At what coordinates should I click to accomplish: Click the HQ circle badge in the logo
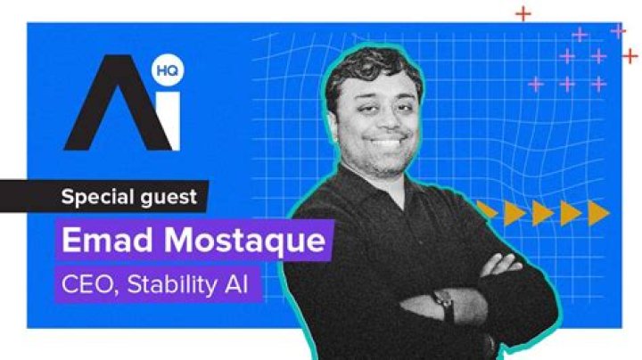point(168,70)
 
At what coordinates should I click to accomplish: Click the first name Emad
point(108,240)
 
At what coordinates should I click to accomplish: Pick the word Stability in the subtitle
point(172,285)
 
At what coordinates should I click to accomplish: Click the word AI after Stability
point(236,284)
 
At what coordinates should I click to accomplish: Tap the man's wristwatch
point(444,304)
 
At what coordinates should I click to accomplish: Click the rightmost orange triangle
point(598,213)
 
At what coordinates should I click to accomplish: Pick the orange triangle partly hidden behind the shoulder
point(487,209)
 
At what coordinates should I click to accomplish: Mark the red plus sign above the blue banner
point(523,14)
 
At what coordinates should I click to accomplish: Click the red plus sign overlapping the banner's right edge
point(630,56)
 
